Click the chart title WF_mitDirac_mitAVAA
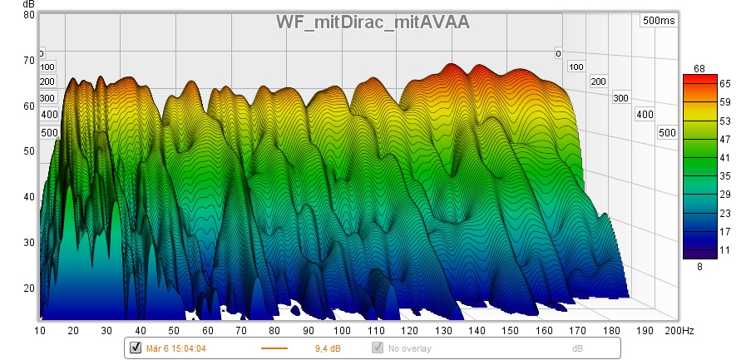click(373, 22)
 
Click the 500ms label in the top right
click(658, 21)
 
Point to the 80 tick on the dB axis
click(28, 15)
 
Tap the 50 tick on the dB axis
click(28, 151)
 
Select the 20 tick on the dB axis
click(28, 288)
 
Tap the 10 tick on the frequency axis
click(40, 331)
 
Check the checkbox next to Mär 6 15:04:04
click(136, 348)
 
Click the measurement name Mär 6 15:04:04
click(177, 348)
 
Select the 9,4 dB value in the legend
click(325, 348)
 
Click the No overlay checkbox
click(377, 348)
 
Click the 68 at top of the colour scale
click(699, 68)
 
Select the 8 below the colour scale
click(699, 266)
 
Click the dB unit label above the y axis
click(29, 5)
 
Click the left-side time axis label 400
click(49, 114)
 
